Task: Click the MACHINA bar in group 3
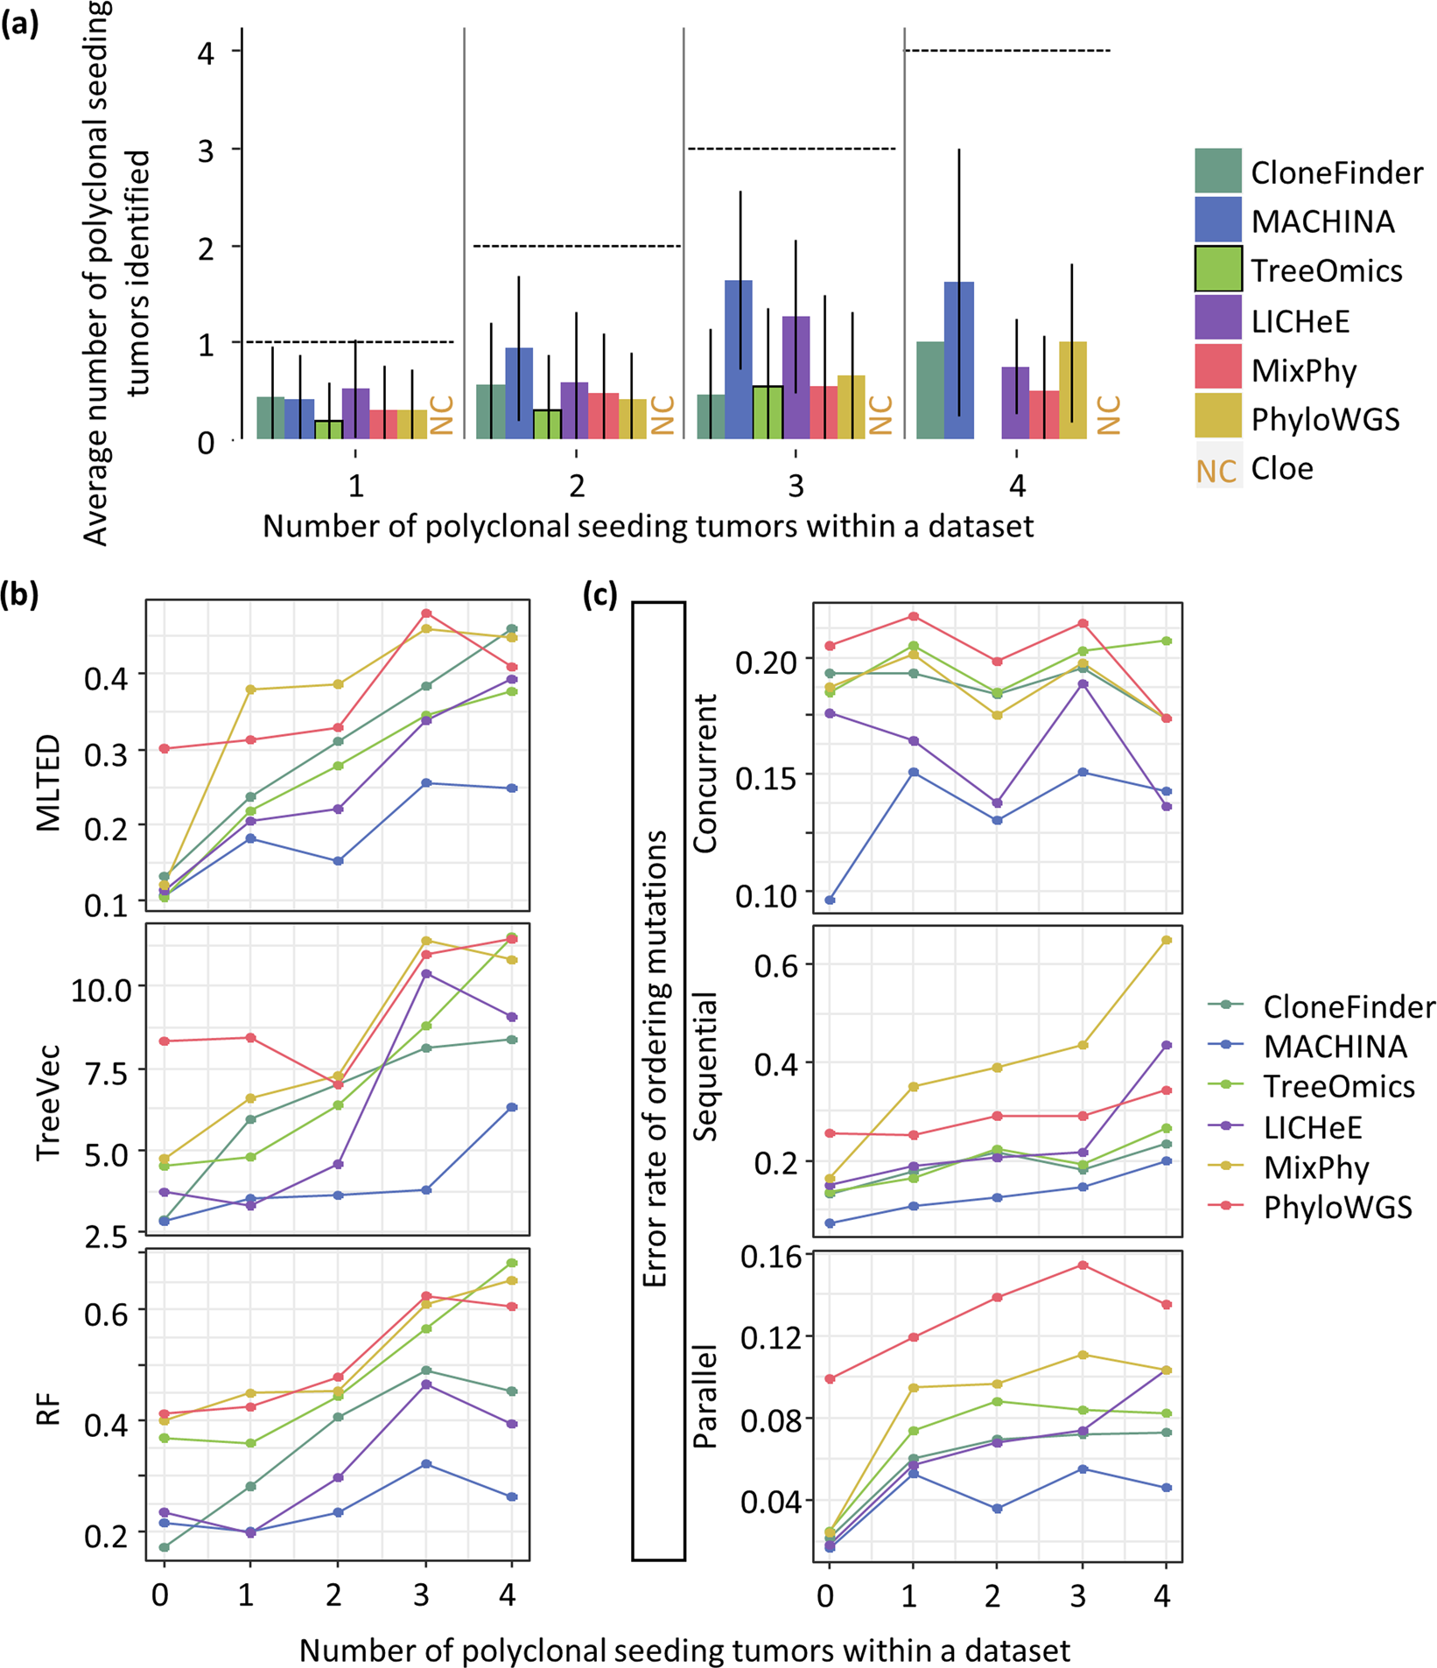[738, 360]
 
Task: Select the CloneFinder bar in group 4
[930, 390]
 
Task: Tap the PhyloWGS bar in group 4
[1072, 390]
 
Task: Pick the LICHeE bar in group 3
[796, 377]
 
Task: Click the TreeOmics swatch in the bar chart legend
[1217, 270]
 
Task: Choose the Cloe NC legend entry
[1217, 470]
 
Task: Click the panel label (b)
[19, 595]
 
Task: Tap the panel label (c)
[600, 595]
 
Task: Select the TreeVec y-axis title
[49, 1102]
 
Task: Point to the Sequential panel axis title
[704, 1067]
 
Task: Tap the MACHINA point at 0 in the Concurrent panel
[830, 900]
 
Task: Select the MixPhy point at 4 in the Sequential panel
[1166, 940]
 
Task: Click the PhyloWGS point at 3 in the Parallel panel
[1083, 1265]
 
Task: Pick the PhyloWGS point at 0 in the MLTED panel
[164, 748]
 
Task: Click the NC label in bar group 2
[662, 415]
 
